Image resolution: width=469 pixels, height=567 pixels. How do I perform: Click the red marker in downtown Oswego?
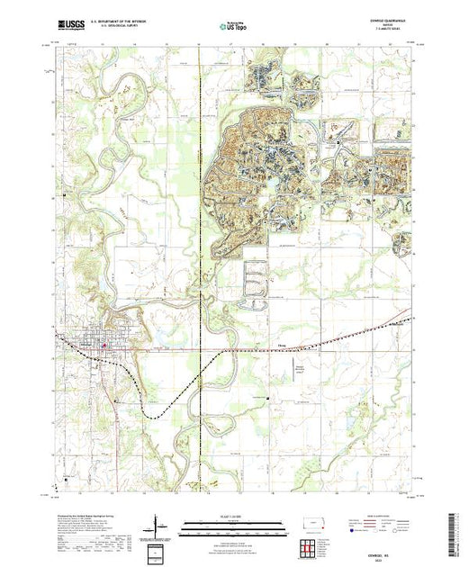tap(105, 343)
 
